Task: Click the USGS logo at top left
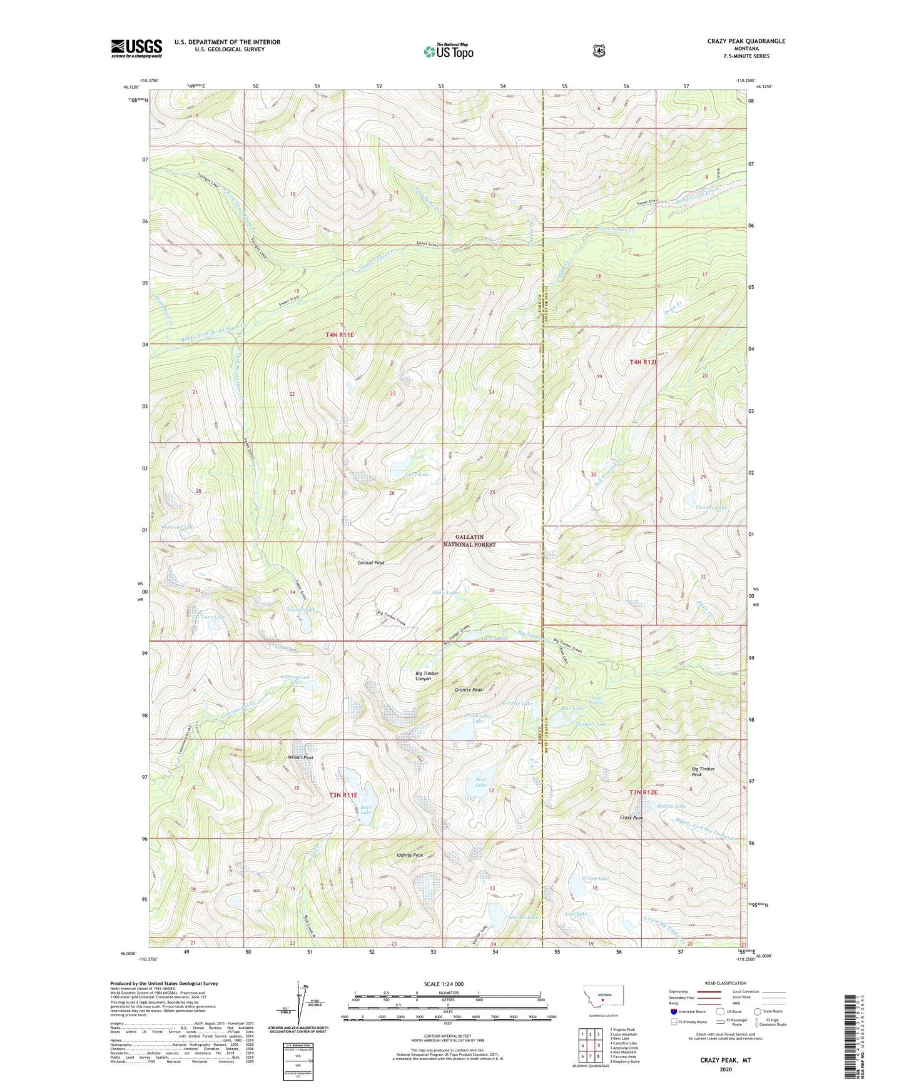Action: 136,48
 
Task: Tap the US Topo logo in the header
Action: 448,51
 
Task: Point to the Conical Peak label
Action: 371,563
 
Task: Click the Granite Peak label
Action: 469,690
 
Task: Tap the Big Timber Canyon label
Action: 427,676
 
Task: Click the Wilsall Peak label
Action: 300,757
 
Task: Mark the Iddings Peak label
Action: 410,855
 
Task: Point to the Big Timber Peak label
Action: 703,772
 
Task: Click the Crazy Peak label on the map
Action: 631,818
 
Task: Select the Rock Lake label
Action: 366,810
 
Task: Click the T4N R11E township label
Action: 340,335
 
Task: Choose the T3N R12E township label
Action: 643,792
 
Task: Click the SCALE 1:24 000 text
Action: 444,984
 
